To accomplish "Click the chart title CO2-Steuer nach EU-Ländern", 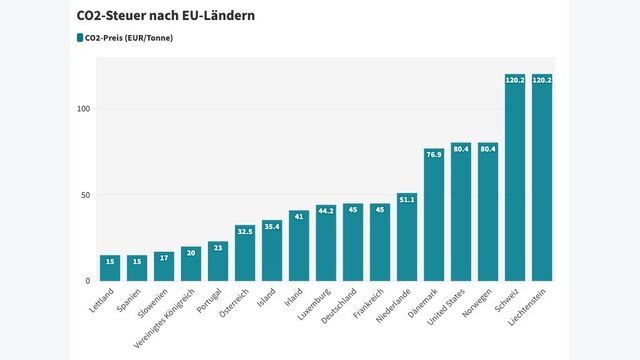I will point(157,16).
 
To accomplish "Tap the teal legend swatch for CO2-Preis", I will point(80,38).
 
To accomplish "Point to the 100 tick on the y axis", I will point(84,108).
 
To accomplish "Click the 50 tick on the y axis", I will point(84,195).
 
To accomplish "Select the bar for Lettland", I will point(110,268).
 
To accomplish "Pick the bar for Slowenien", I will point(164,266).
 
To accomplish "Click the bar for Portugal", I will point(218,261).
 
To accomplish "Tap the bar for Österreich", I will point(245,253).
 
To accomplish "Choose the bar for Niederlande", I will point(407,237).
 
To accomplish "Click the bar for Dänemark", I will point(434,214).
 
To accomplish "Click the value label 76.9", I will point(434,155).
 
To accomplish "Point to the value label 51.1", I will point(407,200).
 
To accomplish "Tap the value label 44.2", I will point(326,211).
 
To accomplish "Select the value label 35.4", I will point(272,227).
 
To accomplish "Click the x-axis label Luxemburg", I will point(314,304).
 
